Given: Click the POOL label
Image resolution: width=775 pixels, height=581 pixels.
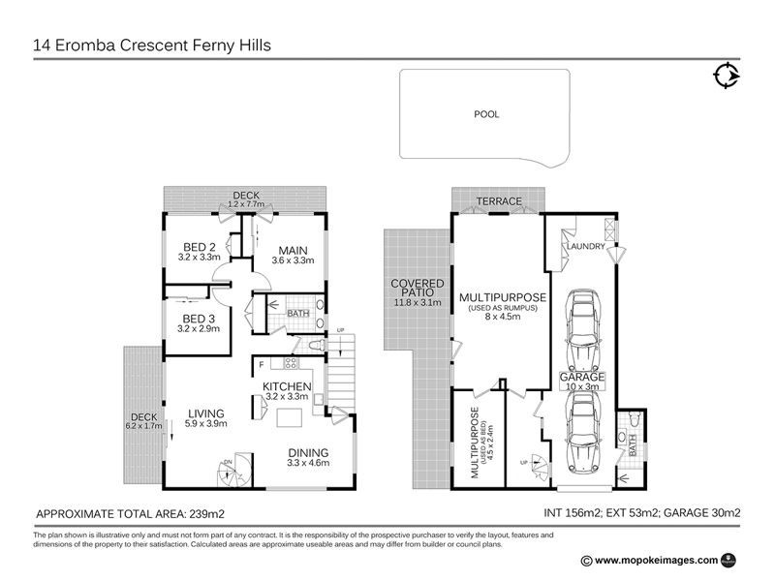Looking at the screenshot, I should coord(485,114).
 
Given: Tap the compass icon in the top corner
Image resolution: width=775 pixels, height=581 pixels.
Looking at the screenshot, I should coord(725,76).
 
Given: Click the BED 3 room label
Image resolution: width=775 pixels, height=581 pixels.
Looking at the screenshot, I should coord(200,319).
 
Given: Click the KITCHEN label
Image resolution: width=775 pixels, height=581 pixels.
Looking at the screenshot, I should coord(286,385).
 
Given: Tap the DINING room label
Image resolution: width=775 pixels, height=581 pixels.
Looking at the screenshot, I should coord(308,452).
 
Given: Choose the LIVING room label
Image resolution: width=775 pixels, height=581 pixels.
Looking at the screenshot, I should coord(207,412).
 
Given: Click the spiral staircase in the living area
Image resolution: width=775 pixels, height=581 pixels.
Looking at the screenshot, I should coord(232,472).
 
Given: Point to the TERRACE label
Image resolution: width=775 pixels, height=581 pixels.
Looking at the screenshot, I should coord(498,201).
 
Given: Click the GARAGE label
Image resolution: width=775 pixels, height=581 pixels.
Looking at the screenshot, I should coord(582,377).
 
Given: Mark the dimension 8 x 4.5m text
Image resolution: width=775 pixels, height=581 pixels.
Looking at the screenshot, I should coord(503,317).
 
